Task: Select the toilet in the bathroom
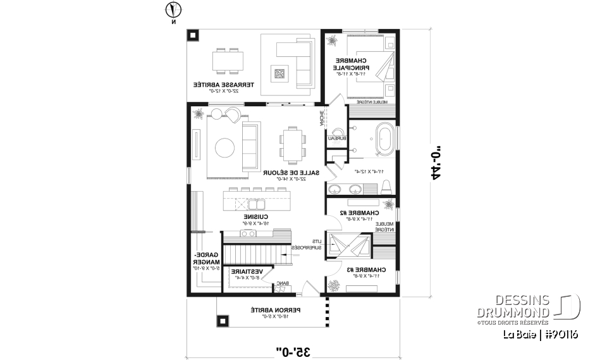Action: pyautogui.click(x=386, y=187)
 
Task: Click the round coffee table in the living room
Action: pyautogui.click(x=225, y=148)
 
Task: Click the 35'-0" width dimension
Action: pyautogui.click(x=296, y=350)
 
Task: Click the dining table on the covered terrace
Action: pyautogui.click(x=226, y=61)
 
